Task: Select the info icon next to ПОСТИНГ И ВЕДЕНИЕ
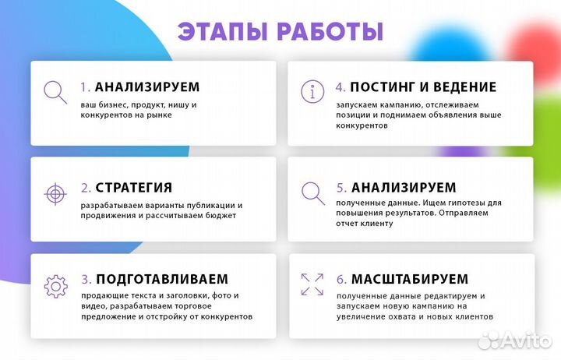pyautogui.click(x=312, y=92)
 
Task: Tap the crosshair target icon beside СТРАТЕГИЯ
pyautogui.click(x=55, y=192)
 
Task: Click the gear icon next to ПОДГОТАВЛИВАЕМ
pyautogui.click(x=55, y=285)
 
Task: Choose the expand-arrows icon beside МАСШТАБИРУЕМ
pyautogui.click(x=312, y=284)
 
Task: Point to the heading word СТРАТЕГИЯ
pyautogui.click(x=133, y=188)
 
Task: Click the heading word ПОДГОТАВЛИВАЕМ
pyautogui.click(x=162, y=279)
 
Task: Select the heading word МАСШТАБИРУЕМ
pyautogui.click(x=410, y=279)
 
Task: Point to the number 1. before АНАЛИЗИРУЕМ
pyautogui.click(x=86, y=87)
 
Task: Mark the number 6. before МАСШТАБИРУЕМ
pyautogui.click(x=342, y=279)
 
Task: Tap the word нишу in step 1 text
pyautogui.click(x=175, y=104)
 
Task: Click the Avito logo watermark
pyautogui.click(x=513, y=340)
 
